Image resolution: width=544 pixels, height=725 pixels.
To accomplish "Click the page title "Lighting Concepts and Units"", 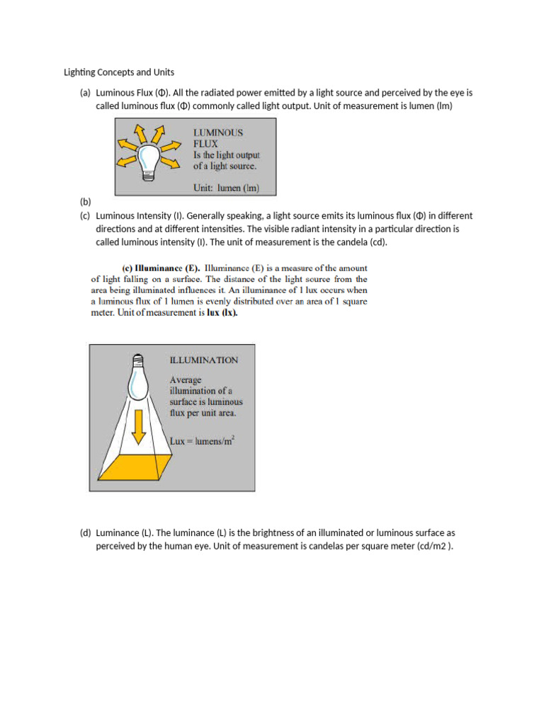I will (x=119, y=72).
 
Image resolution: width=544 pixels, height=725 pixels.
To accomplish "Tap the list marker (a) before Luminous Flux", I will (x=85, y=93).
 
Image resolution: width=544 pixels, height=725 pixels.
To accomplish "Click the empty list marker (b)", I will (x=85, y=202).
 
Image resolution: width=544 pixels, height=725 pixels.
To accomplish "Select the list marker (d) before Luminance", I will (x=85, y=532).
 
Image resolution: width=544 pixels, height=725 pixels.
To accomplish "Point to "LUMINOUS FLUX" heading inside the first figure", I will (x=218, y=137).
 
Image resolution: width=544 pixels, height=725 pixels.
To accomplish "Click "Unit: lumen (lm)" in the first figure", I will (x=226, y=188).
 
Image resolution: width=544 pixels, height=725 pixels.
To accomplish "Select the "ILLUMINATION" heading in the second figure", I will (x=204, y=360).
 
